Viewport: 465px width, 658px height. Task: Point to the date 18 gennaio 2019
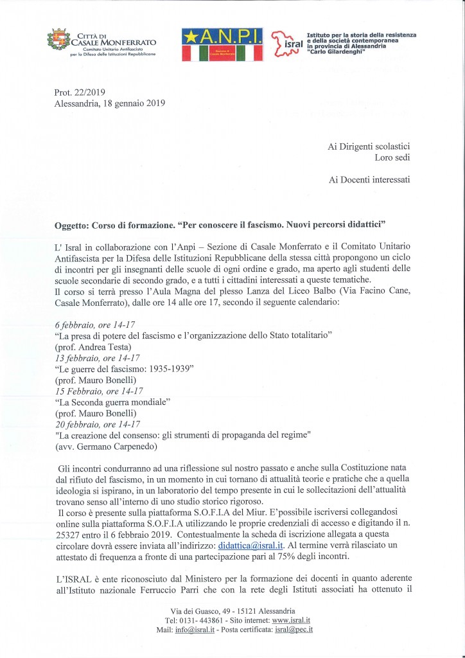[137, 103]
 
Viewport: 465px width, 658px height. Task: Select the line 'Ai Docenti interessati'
[373, 180]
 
